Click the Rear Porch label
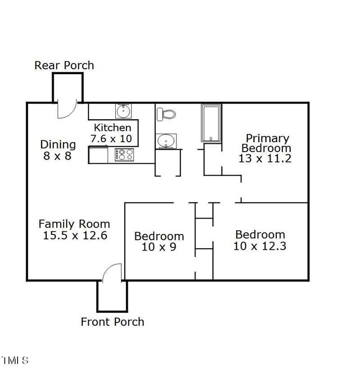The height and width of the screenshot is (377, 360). click(64, 65)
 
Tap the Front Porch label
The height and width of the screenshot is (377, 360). click(112, 322)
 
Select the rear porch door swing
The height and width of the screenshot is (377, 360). click(66, 110)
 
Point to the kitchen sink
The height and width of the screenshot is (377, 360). click(123, 110)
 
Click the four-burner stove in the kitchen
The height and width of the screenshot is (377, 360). click(125, 155)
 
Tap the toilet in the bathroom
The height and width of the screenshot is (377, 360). click(166, 113)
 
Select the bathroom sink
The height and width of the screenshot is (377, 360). click(166, 141)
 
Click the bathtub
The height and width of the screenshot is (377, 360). click(211, 123)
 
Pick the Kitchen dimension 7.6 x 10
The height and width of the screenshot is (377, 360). click(112, 139)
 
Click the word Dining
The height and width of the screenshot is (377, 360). click(58, 144)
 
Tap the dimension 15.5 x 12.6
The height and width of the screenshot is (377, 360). click(75, 235)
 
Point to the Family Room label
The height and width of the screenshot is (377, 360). click(74, 224)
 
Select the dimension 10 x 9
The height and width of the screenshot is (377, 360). click(159, 247)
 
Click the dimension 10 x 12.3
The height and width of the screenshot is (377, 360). click(260, 246)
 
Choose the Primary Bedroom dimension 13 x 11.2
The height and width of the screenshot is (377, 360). click(265, 158)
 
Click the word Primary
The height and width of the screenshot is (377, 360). click(267, 138)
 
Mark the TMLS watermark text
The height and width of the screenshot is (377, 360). click(14, 360)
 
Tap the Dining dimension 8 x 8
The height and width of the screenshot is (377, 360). click(58, 157)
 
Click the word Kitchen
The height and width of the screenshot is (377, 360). click(112, 128)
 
